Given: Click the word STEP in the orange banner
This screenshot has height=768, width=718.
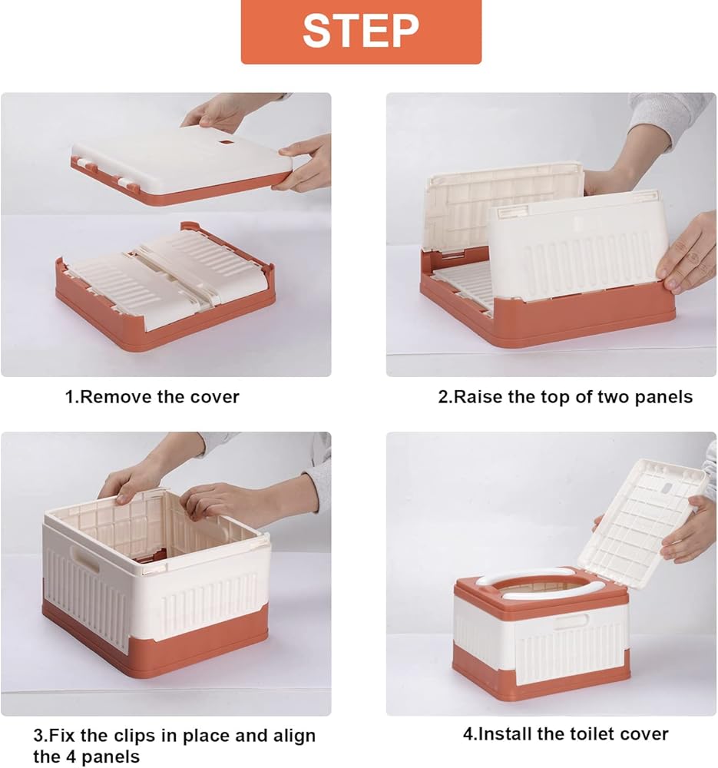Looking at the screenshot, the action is (x=361, y=31).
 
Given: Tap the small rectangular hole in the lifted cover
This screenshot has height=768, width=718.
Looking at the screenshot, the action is (x=226, y=143).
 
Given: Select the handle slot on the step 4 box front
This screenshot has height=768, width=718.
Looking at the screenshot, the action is (x=571, y=623).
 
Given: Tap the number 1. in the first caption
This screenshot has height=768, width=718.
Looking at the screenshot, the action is (x=72, y=397).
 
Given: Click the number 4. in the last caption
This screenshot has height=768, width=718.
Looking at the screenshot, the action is (x=470, y=734).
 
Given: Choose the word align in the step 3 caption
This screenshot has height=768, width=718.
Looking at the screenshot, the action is (x=293, y=736).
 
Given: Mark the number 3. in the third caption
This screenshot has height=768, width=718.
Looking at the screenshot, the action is (x=41, y=736).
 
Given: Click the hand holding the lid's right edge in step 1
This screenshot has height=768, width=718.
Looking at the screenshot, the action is (x=303, y=161).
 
